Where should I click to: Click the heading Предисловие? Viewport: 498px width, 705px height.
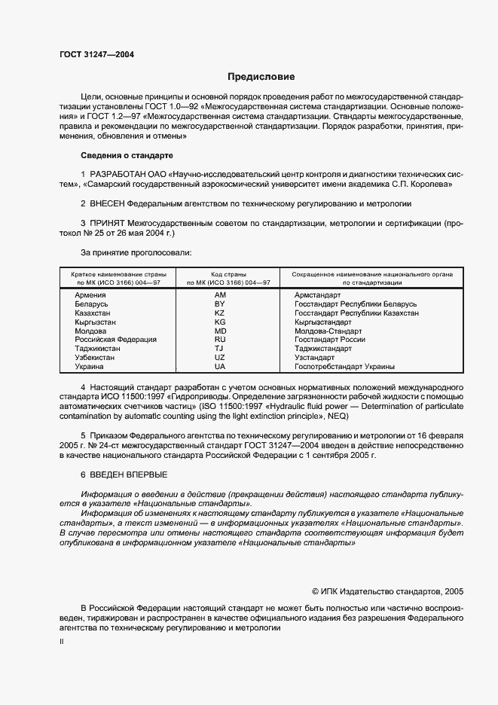tap(261, 77)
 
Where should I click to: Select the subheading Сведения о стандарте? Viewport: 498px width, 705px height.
tap(127, 155)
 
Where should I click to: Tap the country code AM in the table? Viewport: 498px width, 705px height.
tap(220, 295)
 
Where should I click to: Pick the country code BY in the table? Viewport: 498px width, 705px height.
tap(220, 304)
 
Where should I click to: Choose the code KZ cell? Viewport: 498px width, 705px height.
tap(220, 313)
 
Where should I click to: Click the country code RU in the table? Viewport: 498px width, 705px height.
tap(220, 340)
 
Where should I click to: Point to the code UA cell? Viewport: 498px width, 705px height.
tap(220, 367)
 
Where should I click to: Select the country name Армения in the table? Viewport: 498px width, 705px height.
tap(90, 295)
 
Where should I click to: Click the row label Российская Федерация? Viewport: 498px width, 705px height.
tap(115, 340)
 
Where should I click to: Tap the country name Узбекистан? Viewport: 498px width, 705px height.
tap(94, 358)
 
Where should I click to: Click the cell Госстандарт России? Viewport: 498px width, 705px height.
tap(329, 340)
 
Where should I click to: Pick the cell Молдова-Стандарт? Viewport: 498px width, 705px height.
tap(328, 331)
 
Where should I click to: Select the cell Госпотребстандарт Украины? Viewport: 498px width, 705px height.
tap(344, 367)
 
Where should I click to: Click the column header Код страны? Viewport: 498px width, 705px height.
tap(220, 275)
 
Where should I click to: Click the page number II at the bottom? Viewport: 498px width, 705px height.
tap(62, 642)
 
